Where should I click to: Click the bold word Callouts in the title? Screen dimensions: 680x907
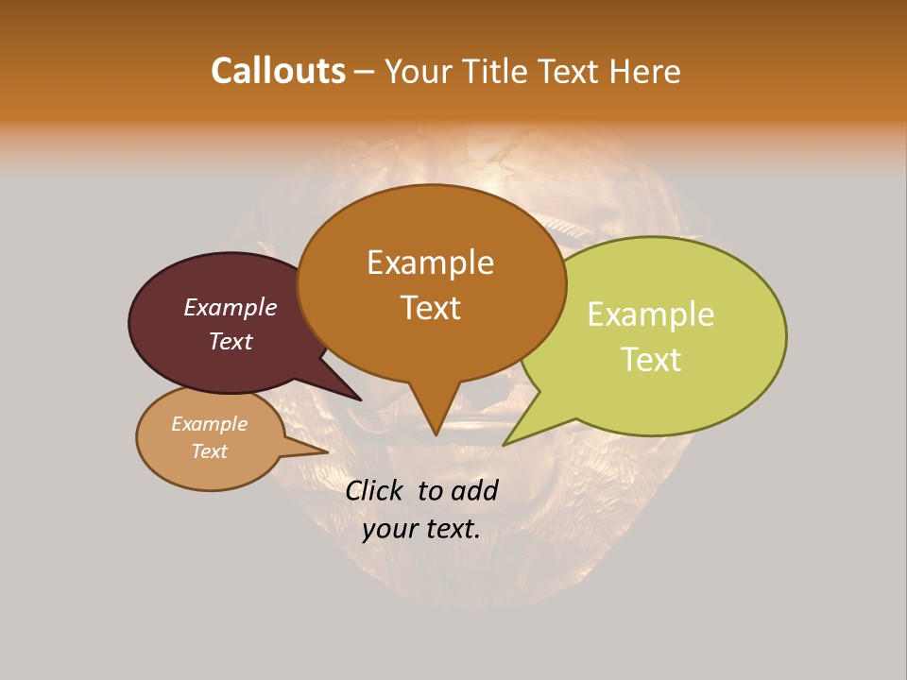(278, 71)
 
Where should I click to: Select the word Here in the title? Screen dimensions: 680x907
(646, 71)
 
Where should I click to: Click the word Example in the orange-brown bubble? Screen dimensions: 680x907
(430, 263)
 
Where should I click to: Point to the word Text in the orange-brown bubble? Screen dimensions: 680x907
(430, 307)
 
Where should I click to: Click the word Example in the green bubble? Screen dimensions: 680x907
(650, 314)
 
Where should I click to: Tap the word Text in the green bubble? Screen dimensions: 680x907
(651, 359)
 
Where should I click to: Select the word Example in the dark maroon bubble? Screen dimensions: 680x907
(231, 307)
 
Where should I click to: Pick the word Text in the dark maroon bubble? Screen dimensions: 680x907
(231, 341)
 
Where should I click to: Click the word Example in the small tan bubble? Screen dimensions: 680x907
(209, 424)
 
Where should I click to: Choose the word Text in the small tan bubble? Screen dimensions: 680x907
(209, 451)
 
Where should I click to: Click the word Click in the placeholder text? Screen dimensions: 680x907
(373, 490)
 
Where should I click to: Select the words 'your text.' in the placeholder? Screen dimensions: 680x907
(420, 529)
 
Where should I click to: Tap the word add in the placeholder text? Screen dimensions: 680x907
(475, 490)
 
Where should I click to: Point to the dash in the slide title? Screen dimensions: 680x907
(364, 72)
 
